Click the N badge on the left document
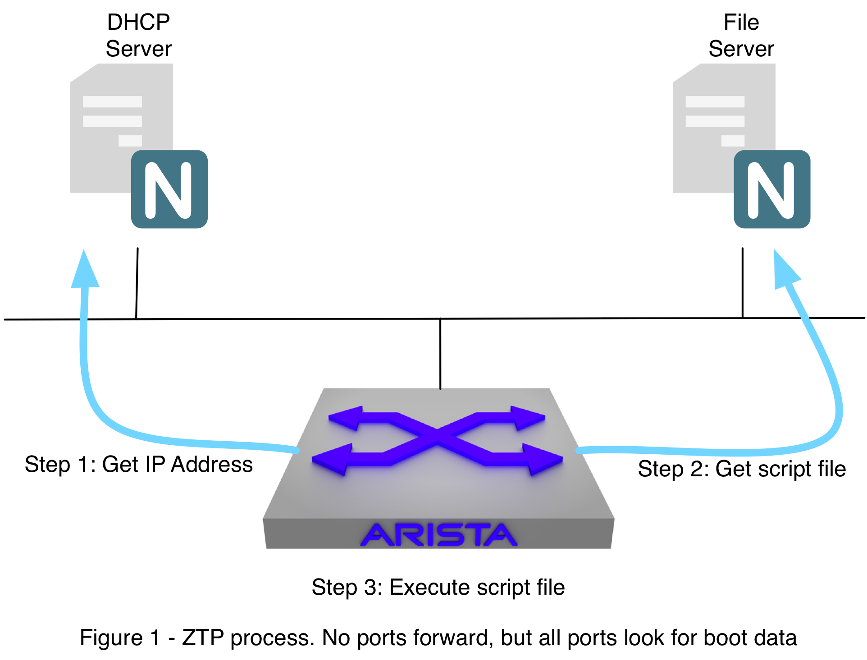169,189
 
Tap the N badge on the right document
772,189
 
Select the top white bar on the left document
112,102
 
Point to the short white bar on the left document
130,141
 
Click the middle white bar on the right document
715,121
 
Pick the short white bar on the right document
733,141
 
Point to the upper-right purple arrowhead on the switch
527,417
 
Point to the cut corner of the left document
84,73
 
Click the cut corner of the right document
687,73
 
